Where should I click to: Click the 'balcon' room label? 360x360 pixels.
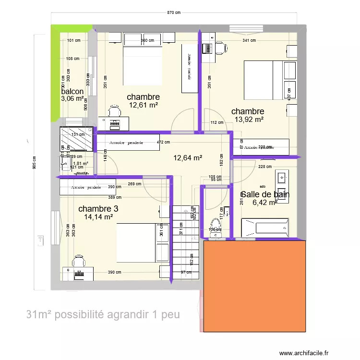coord(72,92)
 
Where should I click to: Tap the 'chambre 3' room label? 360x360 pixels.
coord(98,209)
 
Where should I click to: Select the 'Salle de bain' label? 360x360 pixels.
coord(265,194)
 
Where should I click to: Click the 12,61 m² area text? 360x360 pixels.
coord(144,105)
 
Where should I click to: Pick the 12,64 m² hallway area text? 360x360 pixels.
coord(187,157)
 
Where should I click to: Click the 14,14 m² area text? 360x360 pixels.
coord(98,217)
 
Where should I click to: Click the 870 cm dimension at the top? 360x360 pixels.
coord(174,13)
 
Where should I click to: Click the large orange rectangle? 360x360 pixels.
coord(254,286)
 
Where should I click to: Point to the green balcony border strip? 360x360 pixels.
coord(54,72)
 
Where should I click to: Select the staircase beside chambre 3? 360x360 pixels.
coord(185,242)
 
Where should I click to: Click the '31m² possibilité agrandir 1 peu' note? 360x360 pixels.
coord(103,315)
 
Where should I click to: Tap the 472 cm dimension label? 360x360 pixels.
coord(163,142)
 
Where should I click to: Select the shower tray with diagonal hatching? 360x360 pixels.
coord(76,139)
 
